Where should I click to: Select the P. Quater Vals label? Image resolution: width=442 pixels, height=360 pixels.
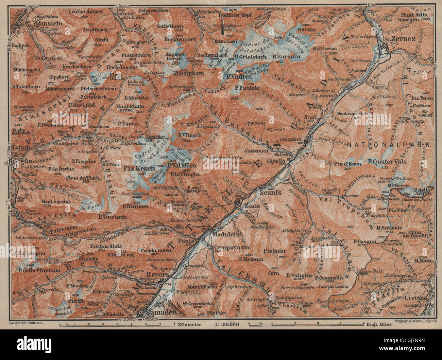[x=388, y=162]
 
